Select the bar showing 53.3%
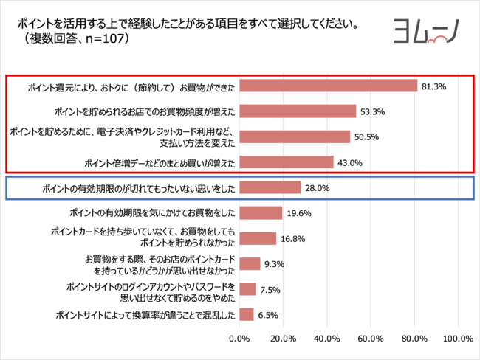298,111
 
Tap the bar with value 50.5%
295,136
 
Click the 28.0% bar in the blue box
270,187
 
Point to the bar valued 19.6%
261,213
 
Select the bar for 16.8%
258,238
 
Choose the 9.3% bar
250,263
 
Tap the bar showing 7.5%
247,289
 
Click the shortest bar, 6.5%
247,315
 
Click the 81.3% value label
433,86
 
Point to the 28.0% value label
317,188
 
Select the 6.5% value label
267,315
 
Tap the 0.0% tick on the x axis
239,339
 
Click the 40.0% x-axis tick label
326,339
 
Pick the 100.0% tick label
457,339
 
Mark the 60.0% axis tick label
370,339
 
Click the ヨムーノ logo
425,32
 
